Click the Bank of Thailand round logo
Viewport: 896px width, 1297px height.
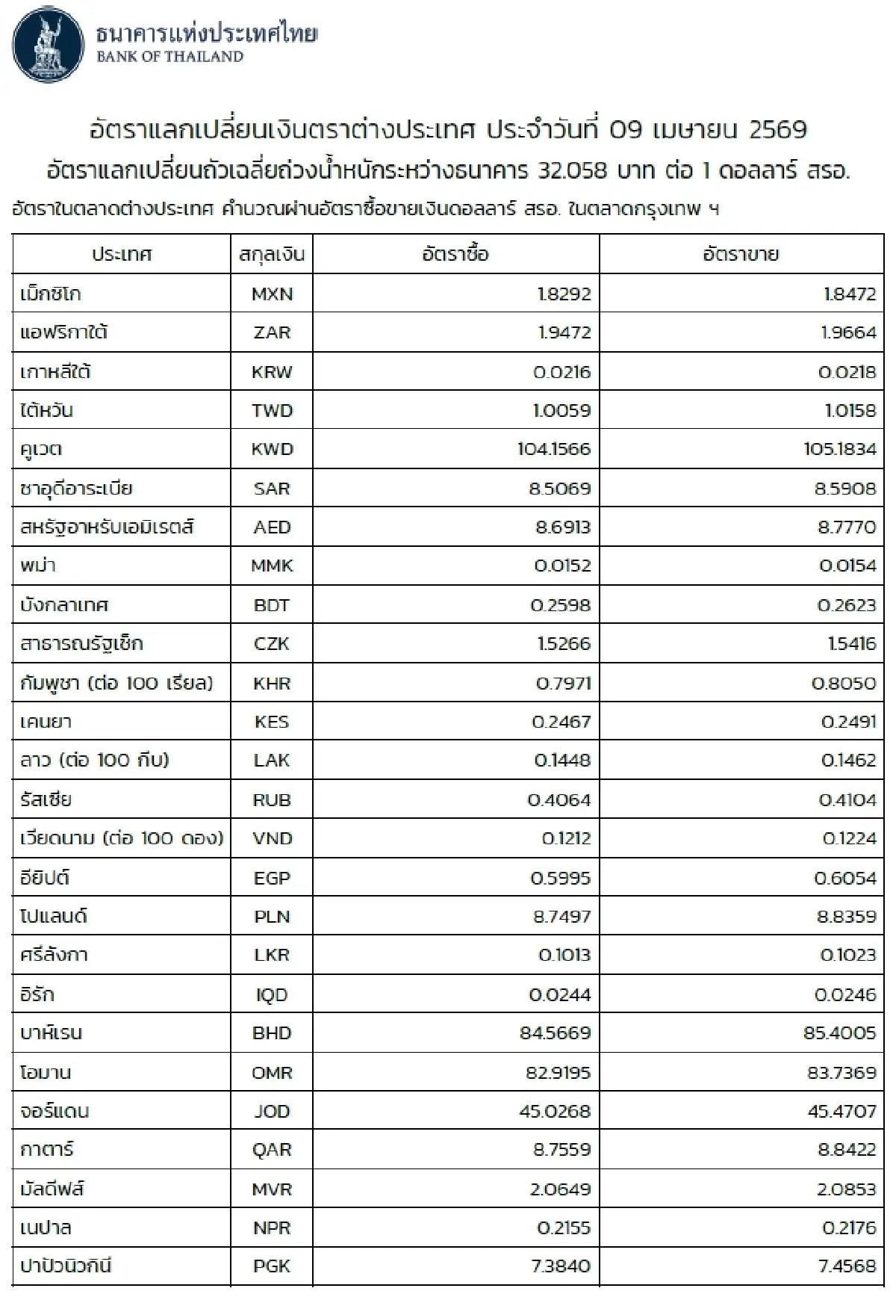pos(49,46)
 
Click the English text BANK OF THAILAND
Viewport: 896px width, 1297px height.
pos(169,57)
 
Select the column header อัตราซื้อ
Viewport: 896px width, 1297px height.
pos(455,255)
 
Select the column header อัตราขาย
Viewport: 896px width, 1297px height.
pos(741,255)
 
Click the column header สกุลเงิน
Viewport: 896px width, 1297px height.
pos(272,255)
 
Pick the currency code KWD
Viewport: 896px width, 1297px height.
pos(272,450)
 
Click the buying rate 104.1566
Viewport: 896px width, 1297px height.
pos(554,450)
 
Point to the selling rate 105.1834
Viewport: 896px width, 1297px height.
pos(840,450)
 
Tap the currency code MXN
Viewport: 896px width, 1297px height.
pos(272,294)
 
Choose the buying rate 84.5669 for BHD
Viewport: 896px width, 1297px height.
pos(556,1034)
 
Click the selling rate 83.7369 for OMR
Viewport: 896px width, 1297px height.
pos(841,1073)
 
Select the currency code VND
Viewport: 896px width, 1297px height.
pos(272,839)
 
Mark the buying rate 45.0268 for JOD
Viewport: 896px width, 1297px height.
pos(555,1112)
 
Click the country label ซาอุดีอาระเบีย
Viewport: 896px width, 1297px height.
pos(76,489)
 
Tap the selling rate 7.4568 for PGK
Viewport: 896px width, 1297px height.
pos(846,1266)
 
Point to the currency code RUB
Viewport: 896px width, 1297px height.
pos(272,800)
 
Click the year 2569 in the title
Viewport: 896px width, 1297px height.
pos(777,130)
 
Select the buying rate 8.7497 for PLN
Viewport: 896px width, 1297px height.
pos(561,917)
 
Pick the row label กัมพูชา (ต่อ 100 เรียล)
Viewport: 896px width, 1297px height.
pos(116,683)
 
